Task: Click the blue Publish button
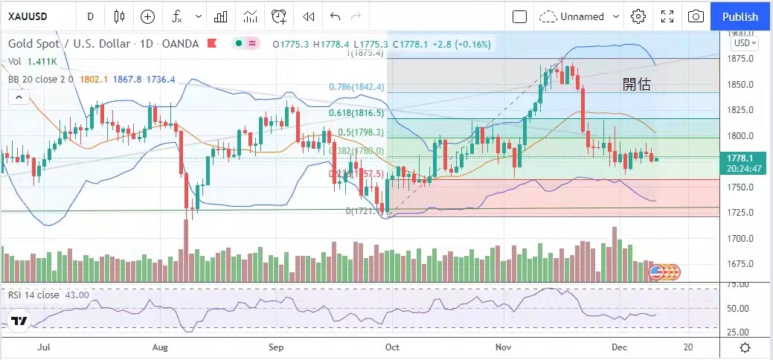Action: coord(740,16)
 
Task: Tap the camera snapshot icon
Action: coord(696,16)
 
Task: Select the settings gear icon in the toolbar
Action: coord(638,16)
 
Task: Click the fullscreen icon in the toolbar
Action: coord(667,16)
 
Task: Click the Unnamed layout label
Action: coord(583,16)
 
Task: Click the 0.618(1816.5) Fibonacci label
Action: coord(356,113)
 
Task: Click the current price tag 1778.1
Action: coord(742,158)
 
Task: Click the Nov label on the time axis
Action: coord(504,347)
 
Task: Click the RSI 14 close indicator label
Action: coord(33,295)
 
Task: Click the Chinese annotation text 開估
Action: coord(637,85)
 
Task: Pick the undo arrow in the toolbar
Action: coord(335,16)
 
